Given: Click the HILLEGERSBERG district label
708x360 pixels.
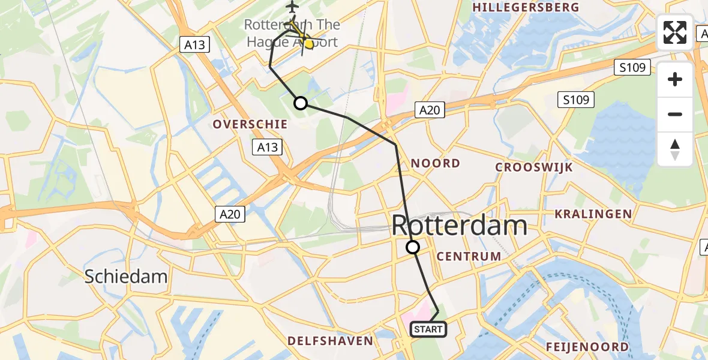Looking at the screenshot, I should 526,8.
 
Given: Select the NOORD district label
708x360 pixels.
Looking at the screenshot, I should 435,163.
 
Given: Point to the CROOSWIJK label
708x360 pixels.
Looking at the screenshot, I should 535,167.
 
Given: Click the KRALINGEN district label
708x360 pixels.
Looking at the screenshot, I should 593,214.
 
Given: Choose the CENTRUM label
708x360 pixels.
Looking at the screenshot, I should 469,257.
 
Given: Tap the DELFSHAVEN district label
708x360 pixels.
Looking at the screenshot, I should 331,341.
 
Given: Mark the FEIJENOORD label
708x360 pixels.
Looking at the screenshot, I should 587,347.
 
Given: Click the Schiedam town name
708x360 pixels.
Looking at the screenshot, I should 125,277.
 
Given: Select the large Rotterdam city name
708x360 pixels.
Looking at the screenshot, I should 460,226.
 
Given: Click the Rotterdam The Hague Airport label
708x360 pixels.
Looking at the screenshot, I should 292,34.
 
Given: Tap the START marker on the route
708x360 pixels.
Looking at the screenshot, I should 428,329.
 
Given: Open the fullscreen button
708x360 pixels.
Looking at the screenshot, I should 675,32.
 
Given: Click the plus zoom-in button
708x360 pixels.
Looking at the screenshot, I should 675,79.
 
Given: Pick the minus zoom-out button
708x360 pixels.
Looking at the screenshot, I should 675,114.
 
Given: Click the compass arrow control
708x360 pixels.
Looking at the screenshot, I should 675,149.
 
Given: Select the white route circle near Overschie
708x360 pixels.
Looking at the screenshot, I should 300,103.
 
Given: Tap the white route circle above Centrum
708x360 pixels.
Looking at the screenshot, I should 413,247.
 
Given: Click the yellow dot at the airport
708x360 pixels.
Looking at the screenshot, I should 308,43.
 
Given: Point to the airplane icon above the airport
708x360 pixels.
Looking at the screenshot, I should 292,7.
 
